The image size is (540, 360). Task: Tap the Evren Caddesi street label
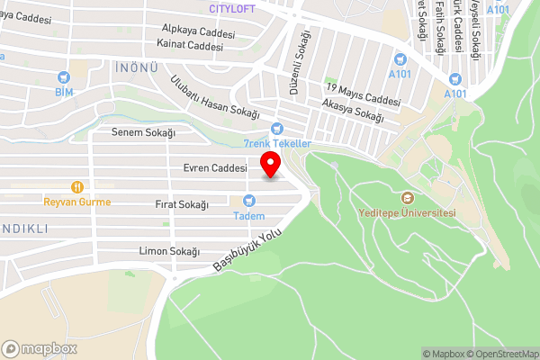coord(214,167)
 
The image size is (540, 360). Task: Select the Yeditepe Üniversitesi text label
coord(406,213)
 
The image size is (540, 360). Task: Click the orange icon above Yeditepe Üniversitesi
coord(406,198)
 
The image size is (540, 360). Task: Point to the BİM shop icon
coord(63,78)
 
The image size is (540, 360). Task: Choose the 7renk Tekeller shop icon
coord(277,129)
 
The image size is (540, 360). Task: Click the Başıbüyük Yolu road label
coord(248,251)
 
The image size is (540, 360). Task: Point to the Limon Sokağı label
coord(169,251)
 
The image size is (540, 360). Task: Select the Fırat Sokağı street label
coord(182,205)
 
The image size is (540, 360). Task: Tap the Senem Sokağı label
coord(142,132)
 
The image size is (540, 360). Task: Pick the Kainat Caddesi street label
coord(189,45)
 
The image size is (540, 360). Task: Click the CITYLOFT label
coord(231,8)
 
